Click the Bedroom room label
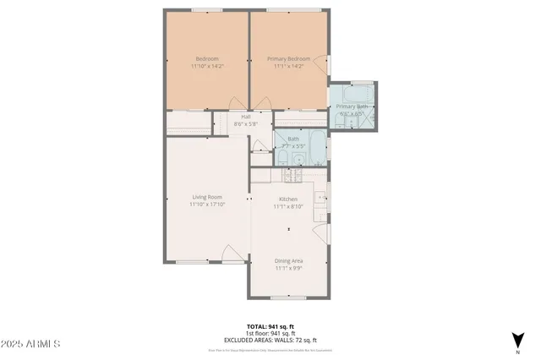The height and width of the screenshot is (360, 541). coord(205,58)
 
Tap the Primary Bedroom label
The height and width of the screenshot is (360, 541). coord(288,58)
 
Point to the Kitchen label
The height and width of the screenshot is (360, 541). coord(288,197)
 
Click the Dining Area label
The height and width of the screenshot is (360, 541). coord(288,261)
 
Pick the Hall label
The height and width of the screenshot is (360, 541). coord(246,117)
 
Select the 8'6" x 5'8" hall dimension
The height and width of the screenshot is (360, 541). coord(246,124)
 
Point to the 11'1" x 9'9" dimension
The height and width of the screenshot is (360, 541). coord(288,269)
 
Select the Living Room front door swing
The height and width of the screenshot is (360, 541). coord(229,254)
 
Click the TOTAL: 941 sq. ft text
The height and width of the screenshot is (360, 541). coord(269,325)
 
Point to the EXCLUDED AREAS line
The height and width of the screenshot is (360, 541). coord(269,339)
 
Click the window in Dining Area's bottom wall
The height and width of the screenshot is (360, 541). coord(288,297)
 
